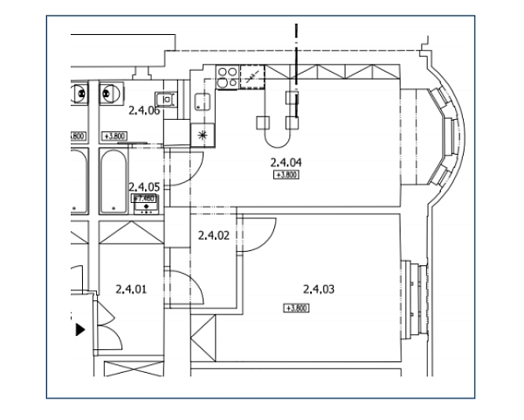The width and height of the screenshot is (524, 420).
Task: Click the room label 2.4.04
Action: [x=286, y=162]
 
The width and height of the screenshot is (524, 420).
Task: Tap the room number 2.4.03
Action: [x=319, y=290]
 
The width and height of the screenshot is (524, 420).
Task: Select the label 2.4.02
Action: [x=212, y=234]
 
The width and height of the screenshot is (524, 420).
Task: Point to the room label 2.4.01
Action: [x=131, y=290]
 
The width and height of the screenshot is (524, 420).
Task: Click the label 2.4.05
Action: [x=143, y=186]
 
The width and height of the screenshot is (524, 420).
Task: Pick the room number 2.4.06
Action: [x=143, y=110]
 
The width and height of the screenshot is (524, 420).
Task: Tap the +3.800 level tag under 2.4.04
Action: [x=286, y=175]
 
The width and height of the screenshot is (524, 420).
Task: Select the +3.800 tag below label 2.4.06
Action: [x=115, y=136]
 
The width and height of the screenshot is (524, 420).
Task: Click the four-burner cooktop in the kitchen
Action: [x=228, y=77]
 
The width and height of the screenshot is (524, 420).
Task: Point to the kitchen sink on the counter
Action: [x=203, y=102]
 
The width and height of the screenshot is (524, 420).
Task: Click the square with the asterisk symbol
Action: [x=203, y=135]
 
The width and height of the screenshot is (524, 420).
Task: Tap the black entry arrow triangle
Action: [x=80, y=330]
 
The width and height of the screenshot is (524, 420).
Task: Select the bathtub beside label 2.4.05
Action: [x=114, y=181]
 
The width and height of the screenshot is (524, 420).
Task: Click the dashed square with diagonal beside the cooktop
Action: [x=252, y=77]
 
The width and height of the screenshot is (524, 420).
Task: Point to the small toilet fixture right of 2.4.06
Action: [x=164, y=97]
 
